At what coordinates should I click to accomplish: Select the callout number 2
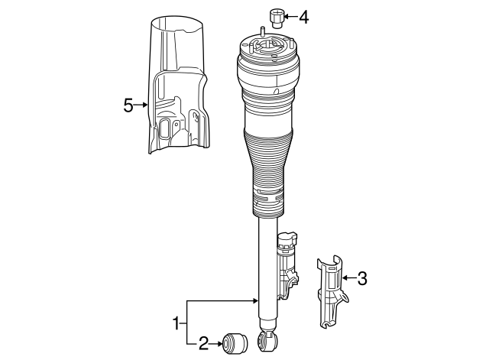203,344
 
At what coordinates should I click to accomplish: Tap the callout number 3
362,278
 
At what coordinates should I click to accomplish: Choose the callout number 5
128,106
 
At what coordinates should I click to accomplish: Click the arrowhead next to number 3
344,278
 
